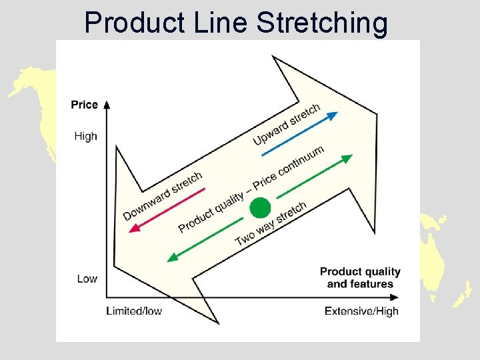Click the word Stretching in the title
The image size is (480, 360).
(322, 23)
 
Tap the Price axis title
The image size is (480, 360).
(85, 105)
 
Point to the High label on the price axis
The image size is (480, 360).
(85, 136)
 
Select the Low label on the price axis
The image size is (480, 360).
(87, 279)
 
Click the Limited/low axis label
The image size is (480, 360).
(134, 311)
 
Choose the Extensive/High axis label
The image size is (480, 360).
(361, 311)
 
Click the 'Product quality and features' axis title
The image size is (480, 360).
(360, 277)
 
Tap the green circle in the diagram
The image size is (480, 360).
(260, 209)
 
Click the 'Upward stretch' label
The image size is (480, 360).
(287, 123)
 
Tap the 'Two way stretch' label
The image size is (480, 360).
(271, 223)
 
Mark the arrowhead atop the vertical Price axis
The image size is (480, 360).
(107, 104)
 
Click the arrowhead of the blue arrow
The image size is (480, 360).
(333, 115)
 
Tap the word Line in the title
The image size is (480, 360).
(217, 23)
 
